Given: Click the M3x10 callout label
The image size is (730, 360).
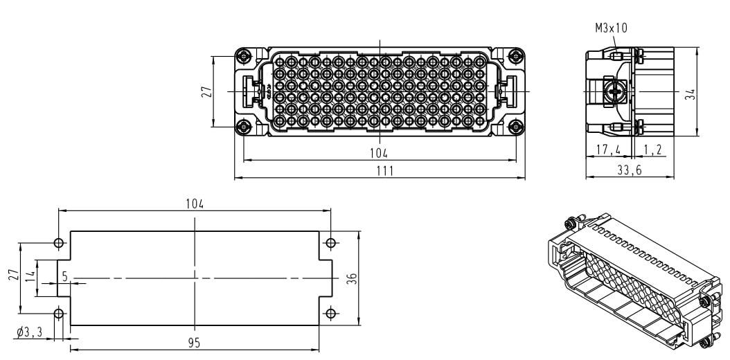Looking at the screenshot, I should point(611,28).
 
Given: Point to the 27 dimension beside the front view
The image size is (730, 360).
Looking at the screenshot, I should point(206,91).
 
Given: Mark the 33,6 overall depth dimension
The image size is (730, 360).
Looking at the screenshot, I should point(629,170).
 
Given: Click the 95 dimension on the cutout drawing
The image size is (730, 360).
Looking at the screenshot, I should point(195,343).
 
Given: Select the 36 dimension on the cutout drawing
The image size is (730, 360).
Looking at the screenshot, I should point(352,278).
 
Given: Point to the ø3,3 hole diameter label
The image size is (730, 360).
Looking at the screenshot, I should point(30,332).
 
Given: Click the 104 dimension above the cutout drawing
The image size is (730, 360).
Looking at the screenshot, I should point(195,203).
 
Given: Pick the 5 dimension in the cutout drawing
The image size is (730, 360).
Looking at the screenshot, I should point(64,276).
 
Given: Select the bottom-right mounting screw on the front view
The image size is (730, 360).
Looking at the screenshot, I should point(515,127).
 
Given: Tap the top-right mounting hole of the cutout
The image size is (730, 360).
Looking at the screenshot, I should point(331,243).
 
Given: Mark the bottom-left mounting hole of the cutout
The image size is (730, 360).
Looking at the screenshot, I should point(58,314).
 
